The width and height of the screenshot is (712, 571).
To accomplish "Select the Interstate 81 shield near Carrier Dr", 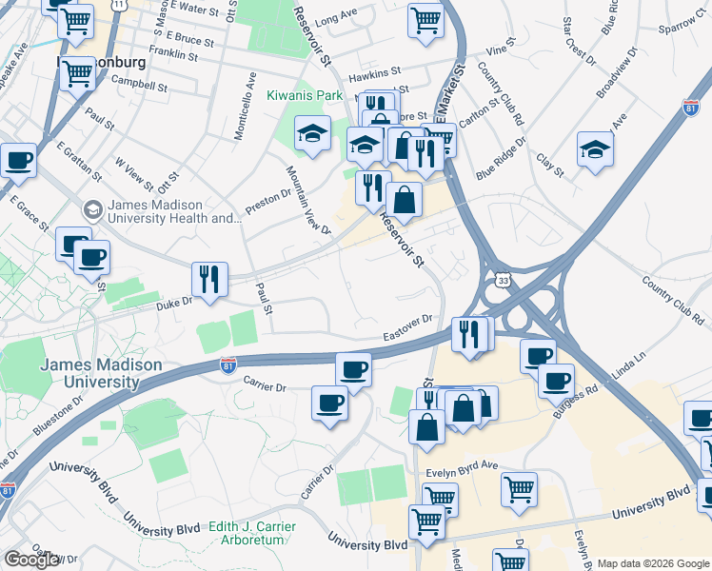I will point(227,365).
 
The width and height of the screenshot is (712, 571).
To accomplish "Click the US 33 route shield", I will point(502,281).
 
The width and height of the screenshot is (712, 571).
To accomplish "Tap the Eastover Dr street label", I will point(408,328).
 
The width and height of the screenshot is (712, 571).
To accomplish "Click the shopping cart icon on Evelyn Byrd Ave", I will point(520,489).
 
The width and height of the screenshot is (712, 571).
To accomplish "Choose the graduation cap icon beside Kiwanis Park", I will point(311,135).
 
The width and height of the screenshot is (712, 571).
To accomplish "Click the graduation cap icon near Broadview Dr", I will point(595,149).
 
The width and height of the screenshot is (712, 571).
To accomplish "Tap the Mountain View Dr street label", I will point(308,200).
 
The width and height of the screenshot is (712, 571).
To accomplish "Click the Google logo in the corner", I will point(31,560).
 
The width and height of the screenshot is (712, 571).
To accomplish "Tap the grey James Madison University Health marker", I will point(93,208).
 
